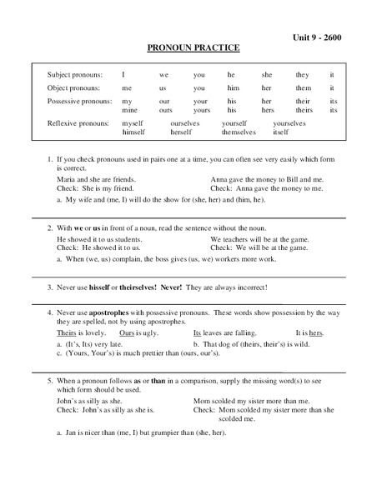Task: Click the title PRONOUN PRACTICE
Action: (194, 51)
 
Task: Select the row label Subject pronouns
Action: (74, 75)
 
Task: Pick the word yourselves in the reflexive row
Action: (289, 123)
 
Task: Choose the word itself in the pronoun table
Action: (281, 132)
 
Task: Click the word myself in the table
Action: (133, 123)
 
